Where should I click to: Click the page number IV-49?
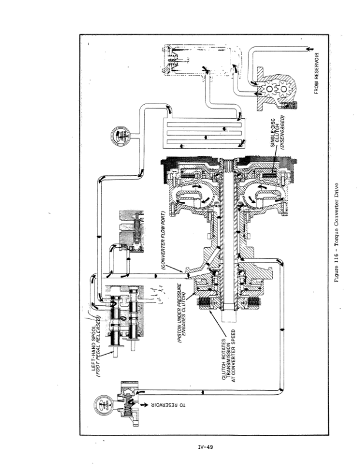(x=205, y=447)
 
